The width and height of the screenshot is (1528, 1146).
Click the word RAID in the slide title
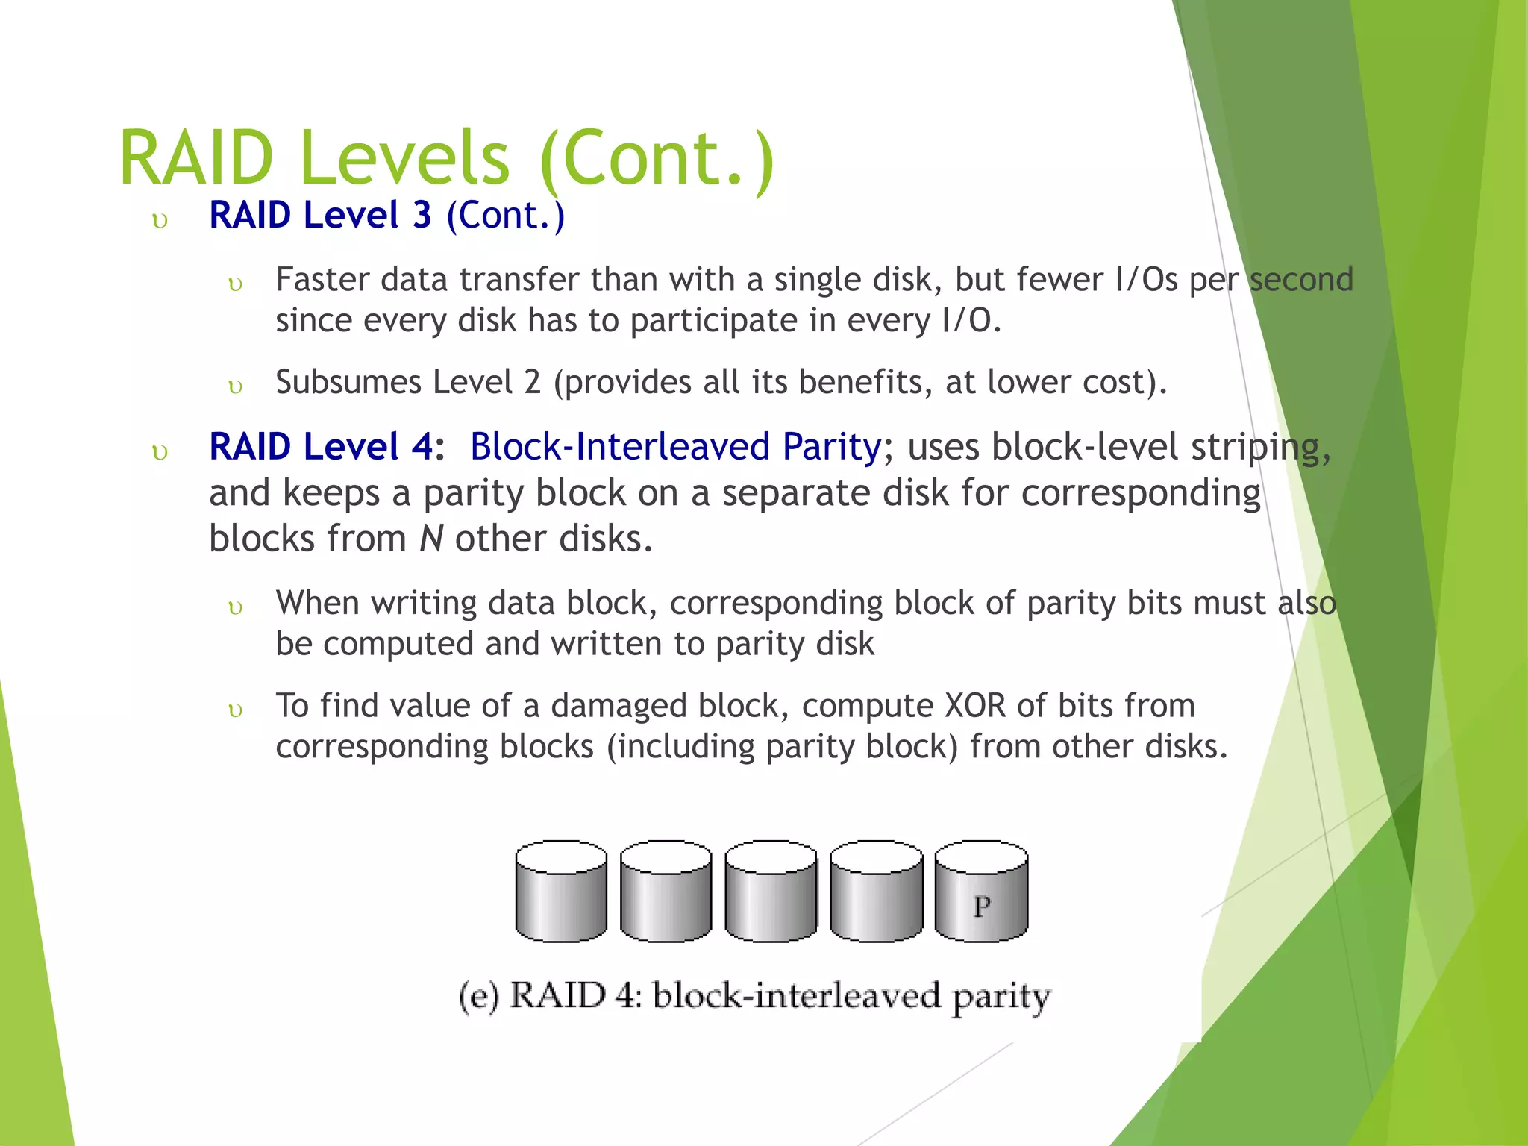click(196, 157)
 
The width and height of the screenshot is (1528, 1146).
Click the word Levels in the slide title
click(404, 157)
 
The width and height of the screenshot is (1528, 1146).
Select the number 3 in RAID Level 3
click(422, 216)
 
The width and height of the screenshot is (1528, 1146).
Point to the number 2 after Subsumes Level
click(532, 383)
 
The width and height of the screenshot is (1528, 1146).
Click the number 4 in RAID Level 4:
click(422, 447)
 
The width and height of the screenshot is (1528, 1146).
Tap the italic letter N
click(431, 539)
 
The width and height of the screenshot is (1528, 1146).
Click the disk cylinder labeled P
click(981, 892)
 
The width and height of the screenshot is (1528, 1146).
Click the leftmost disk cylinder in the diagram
click(561, 892)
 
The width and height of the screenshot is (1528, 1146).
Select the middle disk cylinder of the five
click(771, 892)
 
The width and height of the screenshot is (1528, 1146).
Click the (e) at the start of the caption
click(478, 997)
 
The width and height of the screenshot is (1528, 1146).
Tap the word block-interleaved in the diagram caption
click(796, 996)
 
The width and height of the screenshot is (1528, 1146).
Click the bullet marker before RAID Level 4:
click(160, 452)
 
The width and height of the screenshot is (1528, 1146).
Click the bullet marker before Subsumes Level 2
click(235, 386)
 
